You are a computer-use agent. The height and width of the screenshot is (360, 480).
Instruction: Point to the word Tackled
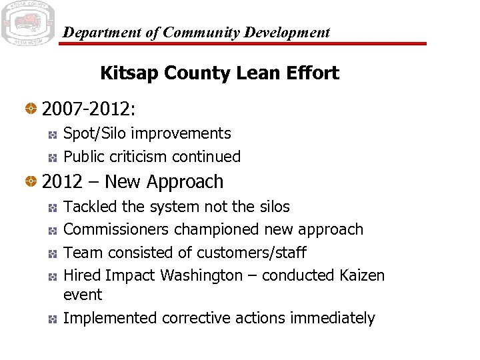pyautogui.click(x=90, y=207)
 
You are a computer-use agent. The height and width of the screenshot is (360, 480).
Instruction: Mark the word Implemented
pyautogui.click(x=110, y=318)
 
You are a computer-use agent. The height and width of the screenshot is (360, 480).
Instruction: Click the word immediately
pyautogui.click(x=333, y=319)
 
